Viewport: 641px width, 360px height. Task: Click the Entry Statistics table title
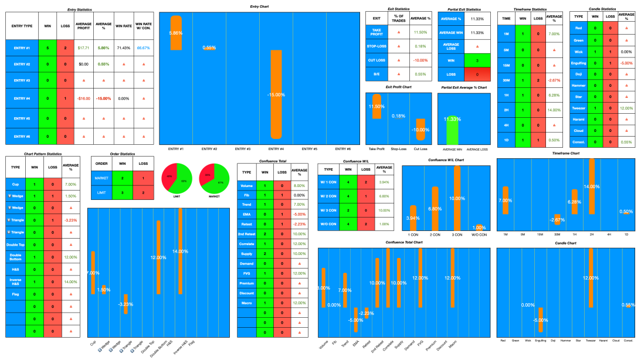tap(80, 9)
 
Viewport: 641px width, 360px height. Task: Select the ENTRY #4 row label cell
tap(22, 99)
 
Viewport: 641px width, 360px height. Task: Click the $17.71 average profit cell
tap(83, 47)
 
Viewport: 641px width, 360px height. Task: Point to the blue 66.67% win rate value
tap(143, 47)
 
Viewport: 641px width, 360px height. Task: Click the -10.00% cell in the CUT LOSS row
tap(420, 60)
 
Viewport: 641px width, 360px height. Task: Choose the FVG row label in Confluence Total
tap(247, 273)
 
